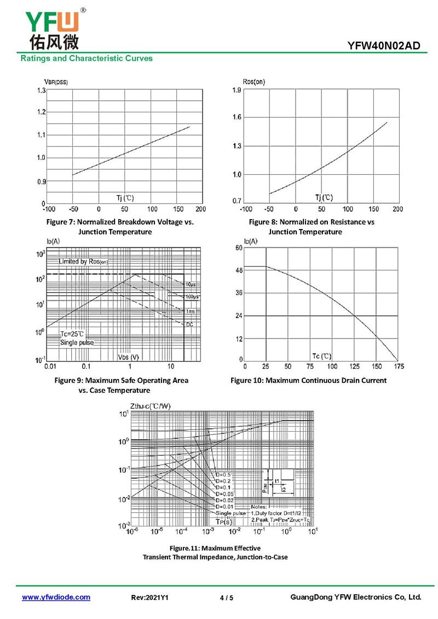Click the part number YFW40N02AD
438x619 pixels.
[384, 45]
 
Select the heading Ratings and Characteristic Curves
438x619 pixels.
[87, 58]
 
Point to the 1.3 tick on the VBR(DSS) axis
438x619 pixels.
[41, 90]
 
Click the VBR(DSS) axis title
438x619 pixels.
[56, 82]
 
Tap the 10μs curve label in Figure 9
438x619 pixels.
[190, 284]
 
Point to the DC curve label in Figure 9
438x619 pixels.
[189, 325]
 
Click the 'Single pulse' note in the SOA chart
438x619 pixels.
[77, 342]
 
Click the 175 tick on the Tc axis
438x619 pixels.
[398, 366]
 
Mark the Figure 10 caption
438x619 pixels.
[308, 380]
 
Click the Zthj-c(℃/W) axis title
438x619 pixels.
[150, 406]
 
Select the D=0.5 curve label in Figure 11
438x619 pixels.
[223, 474]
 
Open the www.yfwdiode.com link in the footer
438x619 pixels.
[56, 597]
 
